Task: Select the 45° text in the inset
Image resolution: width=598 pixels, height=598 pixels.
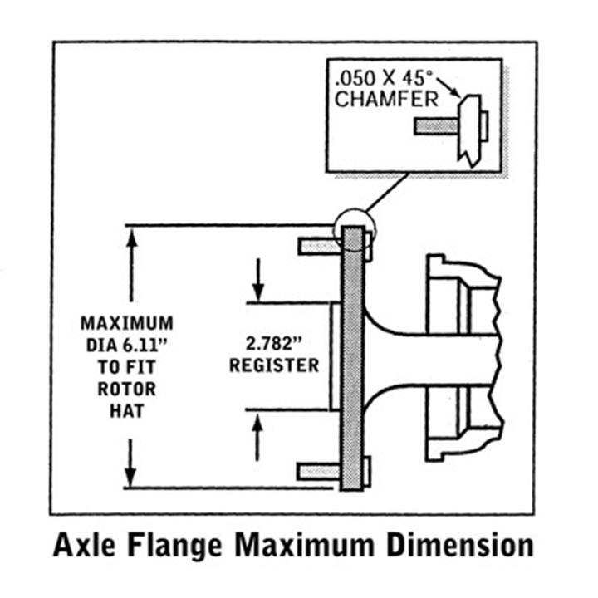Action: click(x=424, y=81)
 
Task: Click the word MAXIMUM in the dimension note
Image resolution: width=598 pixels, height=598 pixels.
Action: click(x=127, y=322)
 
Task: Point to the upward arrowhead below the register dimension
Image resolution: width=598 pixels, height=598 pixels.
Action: click(x=259, y=421)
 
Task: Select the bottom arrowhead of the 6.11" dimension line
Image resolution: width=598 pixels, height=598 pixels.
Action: click(x=130, y=478)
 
